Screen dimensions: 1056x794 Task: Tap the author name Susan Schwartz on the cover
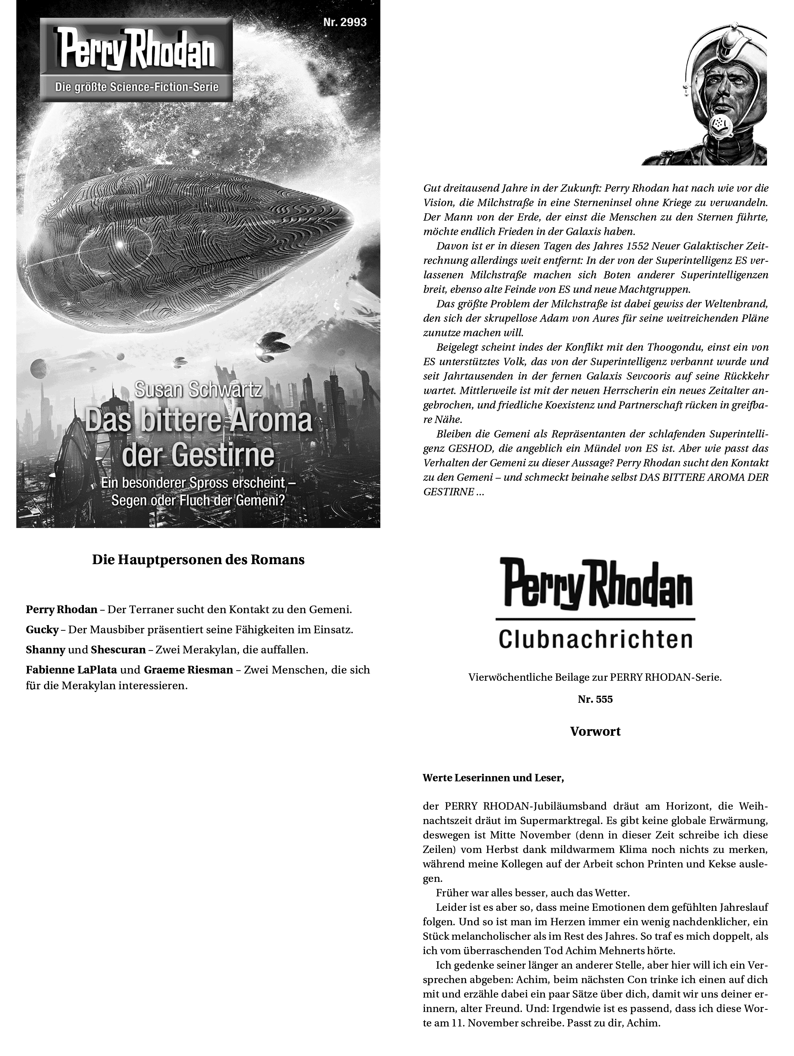pyautogui.click(x=198, y=389)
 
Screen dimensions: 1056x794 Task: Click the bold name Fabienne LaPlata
pyautogui.click(x=71, y=670)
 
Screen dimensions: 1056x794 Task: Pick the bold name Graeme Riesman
pyautogui.click(x=188, y=670)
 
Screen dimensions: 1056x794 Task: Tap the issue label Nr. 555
pyautogui.click(x=595, y=699)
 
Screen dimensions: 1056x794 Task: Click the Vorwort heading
pyautogui.click(x=595, y=731)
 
